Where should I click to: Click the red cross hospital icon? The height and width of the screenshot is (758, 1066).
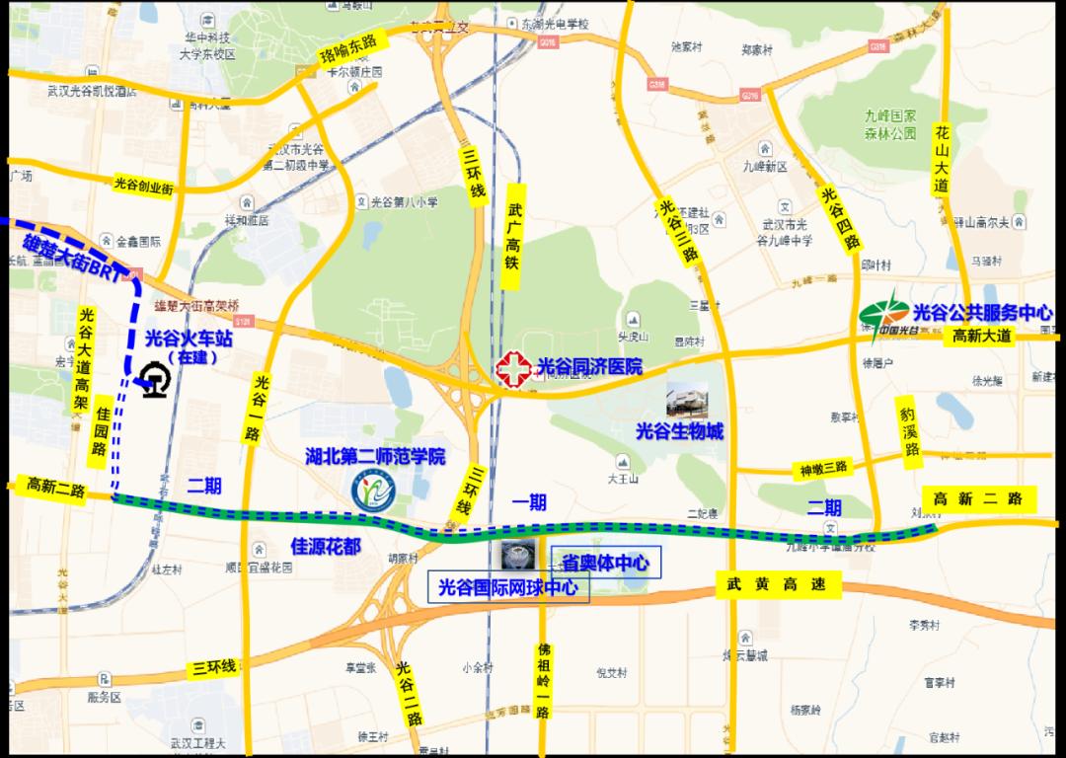(x=512, y=369)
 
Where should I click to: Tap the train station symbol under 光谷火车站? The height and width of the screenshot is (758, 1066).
(x=154, y=380)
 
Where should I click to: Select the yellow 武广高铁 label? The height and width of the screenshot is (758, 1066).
(x=513, y=237)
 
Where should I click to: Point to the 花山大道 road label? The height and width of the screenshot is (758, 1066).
(x=942, y=158)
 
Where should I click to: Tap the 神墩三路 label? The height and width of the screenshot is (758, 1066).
(x=823, y=468)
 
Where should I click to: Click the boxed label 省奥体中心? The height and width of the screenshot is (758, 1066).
(x=605, y=563)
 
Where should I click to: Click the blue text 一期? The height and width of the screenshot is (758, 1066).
(x=529, y=502)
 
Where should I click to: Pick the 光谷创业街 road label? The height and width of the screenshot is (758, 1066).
(x=143, y=184)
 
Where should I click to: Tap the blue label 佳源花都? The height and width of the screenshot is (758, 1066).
(x=325, y=545)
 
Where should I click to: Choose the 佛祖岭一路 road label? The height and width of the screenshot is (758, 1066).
(x=543, y=681)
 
